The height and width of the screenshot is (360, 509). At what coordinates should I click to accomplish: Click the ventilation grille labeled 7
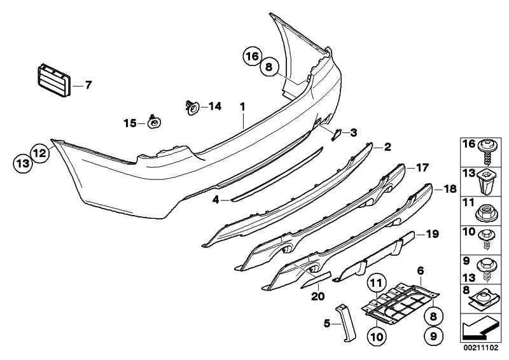tap(54, 80)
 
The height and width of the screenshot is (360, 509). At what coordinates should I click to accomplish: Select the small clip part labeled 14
tap(192, 107)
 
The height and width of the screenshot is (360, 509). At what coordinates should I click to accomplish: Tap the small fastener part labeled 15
tap(154, 121)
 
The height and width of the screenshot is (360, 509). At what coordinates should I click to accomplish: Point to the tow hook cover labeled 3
tap(336, 134)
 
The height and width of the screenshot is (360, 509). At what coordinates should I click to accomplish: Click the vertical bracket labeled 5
tap(345, 322)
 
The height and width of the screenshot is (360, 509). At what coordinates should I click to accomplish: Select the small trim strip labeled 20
tap(316, 280)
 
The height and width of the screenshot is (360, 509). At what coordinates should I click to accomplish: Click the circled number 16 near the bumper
tap(252, 57)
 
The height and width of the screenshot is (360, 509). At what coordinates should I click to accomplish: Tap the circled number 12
tap(40, 153)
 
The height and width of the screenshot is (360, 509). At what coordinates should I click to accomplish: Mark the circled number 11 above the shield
tap(377, 284)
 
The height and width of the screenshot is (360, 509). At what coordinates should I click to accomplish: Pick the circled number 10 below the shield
tap(377, 337)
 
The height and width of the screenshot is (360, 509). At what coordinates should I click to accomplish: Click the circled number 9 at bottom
tap(433, 336)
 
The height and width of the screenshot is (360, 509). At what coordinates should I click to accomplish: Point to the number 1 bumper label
tap(242, 106)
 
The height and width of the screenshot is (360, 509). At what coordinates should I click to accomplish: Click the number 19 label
tap(432, 234)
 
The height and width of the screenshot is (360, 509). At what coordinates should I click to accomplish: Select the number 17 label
tap(422, 167)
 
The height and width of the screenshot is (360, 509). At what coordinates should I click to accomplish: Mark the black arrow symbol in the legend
tap(480, 329)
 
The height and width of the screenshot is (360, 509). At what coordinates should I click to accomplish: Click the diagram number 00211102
tap(480, 348)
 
